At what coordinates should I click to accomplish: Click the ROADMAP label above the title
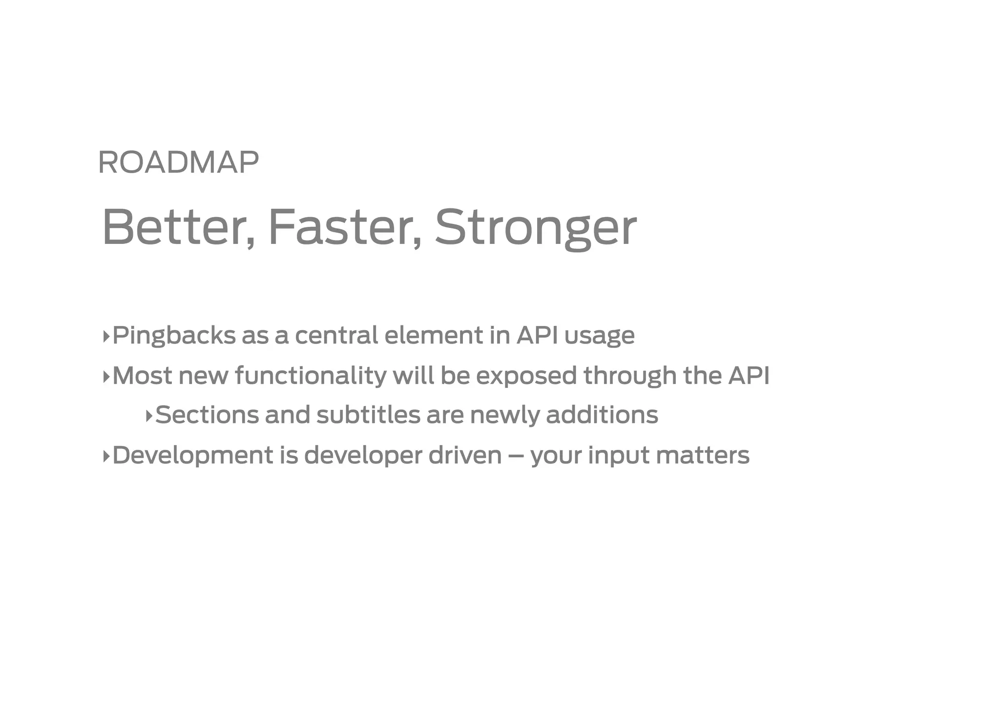(x=178, y=162)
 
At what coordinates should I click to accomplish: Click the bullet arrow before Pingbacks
(x=106, y=336)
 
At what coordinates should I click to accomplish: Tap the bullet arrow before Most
(x=106, y=376)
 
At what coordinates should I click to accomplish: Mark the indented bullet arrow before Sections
(x=149, y=416)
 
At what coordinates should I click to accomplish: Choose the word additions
(x=602, y=415)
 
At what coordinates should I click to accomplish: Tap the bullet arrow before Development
(x=106, y=456)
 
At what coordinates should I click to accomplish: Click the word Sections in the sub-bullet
(x=207, y=415)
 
